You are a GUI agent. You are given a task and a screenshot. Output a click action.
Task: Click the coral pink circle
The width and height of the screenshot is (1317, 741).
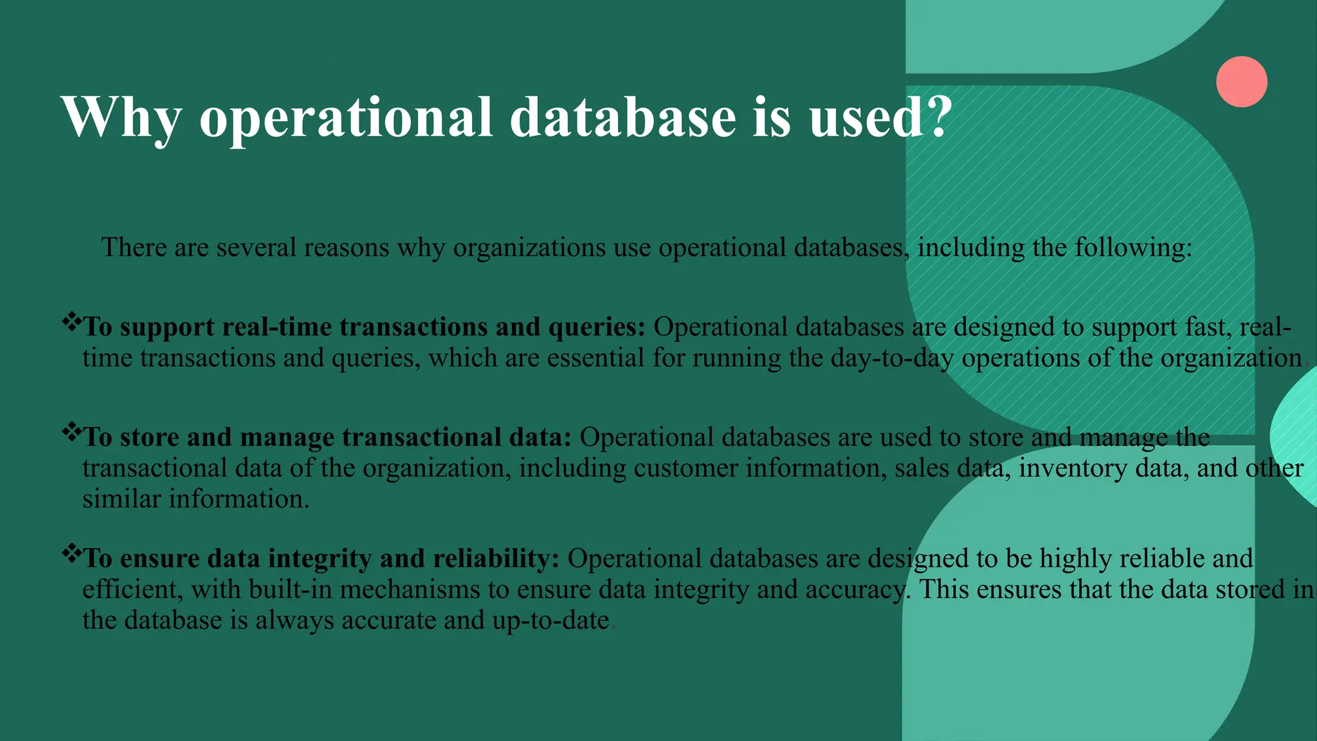(x=1241, y=82)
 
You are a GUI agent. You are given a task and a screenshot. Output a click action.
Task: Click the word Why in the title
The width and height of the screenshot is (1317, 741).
(x=122, y=118)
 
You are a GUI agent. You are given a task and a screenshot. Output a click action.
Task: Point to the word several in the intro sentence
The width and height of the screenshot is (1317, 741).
(x=258, y=248)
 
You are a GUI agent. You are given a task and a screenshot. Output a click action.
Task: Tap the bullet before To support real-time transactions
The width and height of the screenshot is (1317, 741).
(x=71, y=320)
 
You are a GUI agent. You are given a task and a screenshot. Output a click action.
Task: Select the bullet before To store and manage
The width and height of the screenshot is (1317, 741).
(x=71, y=430)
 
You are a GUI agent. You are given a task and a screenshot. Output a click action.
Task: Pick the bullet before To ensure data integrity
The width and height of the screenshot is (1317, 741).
(x=71, y=551)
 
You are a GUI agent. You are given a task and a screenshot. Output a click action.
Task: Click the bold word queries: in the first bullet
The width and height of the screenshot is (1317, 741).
(x=596, y=327)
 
